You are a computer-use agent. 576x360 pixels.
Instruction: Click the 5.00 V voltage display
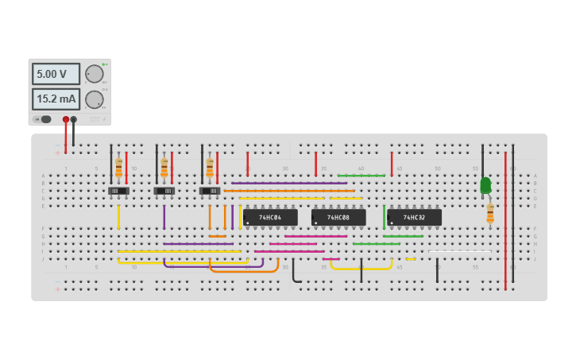tap(56, 74)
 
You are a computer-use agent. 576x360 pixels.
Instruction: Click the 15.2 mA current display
tap(56, 99)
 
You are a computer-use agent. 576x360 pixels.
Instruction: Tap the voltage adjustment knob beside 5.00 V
tap(95, 74)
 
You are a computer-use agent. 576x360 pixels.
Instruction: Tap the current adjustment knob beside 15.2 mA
tap(95, 99)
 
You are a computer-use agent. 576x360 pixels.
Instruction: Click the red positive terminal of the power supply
tap(66, 119)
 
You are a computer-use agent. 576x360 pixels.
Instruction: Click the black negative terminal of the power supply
tap(74, 119)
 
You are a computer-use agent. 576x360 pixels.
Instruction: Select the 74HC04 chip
tap(270, 217)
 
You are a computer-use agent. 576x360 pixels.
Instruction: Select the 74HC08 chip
tap(338, 217)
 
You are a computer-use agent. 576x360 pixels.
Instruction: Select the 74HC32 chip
tap(414, 217)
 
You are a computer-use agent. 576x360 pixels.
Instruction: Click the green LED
tap(485, 184)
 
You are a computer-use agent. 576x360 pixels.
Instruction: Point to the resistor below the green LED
tap(490, 213)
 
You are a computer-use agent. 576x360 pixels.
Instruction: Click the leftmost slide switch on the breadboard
tap(118, 191)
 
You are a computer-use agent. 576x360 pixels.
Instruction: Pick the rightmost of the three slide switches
tap(210, 191)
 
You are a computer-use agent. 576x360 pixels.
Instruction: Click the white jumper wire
tap(461, 252)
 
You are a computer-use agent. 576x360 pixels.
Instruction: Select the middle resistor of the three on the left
tap(164, 168)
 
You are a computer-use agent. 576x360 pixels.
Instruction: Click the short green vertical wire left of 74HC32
tap(384, 216)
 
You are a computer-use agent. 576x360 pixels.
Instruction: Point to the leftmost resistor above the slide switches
tap(119, 168)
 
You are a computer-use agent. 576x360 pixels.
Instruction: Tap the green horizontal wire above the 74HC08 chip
tap(361, 176)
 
